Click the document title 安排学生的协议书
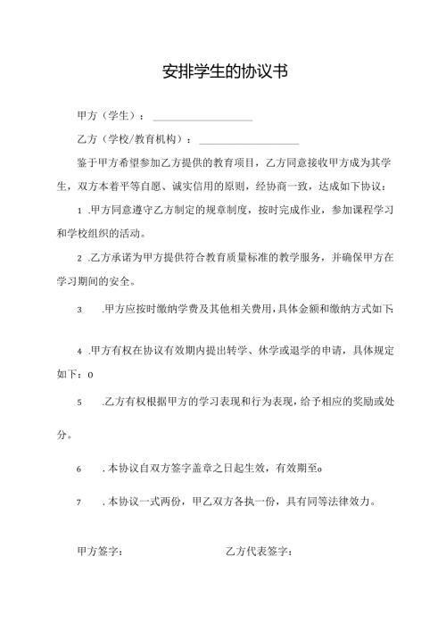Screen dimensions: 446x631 click(x=223, y=71)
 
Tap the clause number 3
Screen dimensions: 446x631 click(x=80, y=309)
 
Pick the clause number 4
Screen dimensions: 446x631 click(x=80, y=351)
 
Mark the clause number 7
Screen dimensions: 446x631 click(x=80, y=502)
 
